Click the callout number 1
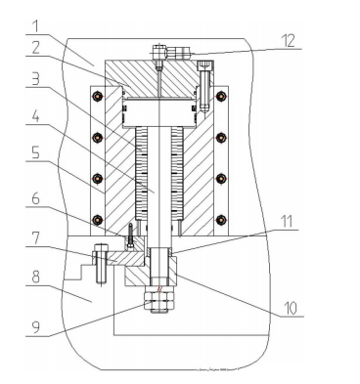tap(36, 25)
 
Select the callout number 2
tap(35, 47)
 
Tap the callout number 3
tap(35, 78)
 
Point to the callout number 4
tap(35, 116)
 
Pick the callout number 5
tap(35, 152)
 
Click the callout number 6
tap(35, 198)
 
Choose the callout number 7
tap(35, 238)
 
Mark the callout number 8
tap(35, 277)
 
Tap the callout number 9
tap(35, 326)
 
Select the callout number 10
tap(290, 308)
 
